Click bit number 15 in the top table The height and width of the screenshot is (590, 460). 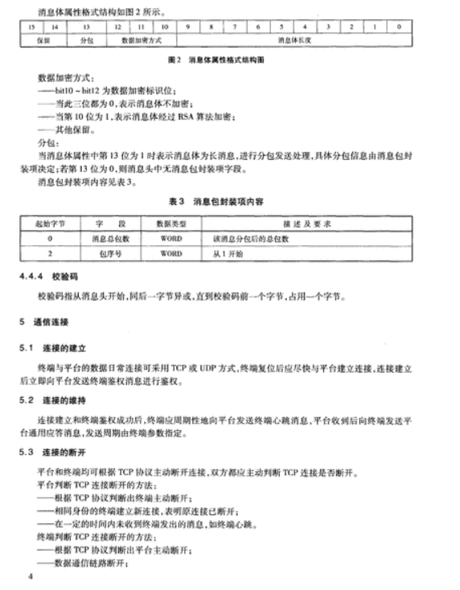(x=31, y=26)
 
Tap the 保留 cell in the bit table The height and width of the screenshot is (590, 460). (x=43, y=38)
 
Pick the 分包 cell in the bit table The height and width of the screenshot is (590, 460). (x=86, y=38)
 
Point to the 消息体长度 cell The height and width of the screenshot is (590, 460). (x=293, y=38)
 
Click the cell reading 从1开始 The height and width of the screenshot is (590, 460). (x=228, y=254)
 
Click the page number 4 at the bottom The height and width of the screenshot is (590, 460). (x=29, y=577)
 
